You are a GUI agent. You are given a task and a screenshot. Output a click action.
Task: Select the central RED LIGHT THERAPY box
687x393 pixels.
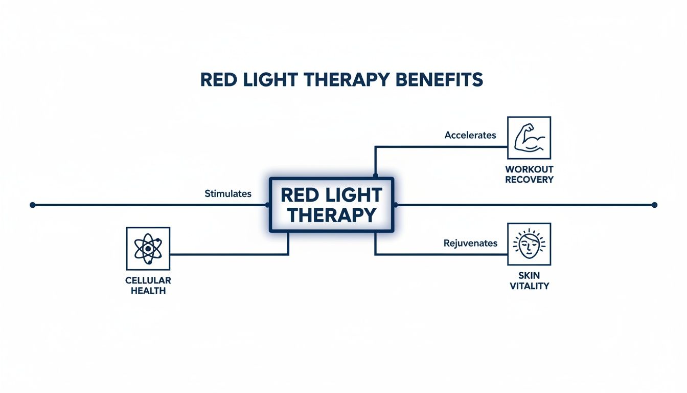tap(331, 205)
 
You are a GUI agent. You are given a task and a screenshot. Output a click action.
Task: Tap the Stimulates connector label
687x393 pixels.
tap(228, 193)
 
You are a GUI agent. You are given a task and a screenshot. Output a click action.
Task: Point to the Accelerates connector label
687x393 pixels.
tap(470, 135)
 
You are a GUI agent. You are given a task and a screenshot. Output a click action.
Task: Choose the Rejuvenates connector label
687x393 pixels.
tap(470, 243)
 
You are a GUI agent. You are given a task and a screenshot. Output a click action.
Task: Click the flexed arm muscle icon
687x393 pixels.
tap(529, 138)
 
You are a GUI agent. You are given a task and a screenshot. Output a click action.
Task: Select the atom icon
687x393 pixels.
tap(148, 249)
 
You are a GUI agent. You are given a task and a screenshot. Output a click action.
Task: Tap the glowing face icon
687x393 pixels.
tap(529, 244)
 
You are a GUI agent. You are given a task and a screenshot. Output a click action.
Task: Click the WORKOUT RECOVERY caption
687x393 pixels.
tap(529, 174)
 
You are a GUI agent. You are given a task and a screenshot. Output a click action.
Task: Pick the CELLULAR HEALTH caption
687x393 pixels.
tap(148, 286)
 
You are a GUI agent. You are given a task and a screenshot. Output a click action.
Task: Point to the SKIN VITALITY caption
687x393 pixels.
tap(529, 280)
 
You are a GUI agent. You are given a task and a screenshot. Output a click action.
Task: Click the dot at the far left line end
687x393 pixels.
tap(33, 205)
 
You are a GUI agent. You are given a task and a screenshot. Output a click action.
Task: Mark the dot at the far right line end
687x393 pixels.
tap(654, 205)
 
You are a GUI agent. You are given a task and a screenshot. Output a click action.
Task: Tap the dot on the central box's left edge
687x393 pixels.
tap(268, 205)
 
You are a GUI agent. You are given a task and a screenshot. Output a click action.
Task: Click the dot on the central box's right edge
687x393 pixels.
tap(395, 205)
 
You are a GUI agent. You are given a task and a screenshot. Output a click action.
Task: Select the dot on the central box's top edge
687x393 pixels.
tap(376, 176)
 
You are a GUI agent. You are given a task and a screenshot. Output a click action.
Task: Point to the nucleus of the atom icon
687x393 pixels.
tap(148, 249)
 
